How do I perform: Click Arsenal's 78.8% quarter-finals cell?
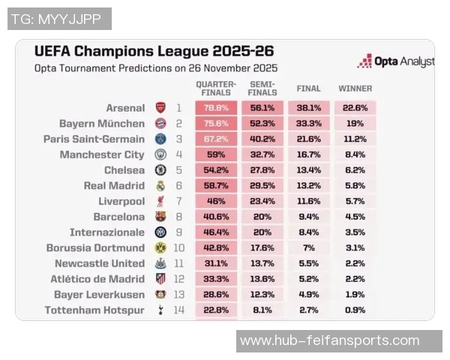(x=216, y=108)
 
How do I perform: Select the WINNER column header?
(x=355, y=88)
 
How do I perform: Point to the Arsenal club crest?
(x=160, y=108)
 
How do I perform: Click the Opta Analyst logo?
(x=395, y=61)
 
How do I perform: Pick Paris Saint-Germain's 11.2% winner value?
(x=355, y=139)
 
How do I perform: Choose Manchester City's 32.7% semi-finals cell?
(x=262, y=155)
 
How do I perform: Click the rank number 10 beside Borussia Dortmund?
(x=178, y=248)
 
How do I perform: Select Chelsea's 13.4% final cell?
(x=309, y=170)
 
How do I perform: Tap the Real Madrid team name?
(x=114, y=186)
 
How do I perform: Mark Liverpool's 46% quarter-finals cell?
(x=216, y=202)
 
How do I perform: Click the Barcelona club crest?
(x=160, y=217)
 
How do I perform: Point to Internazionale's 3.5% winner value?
(x=355, y=232)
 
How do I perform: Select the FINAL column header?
(x=309, y=88)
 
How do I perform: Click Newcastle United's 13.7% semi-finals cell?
(x=262, y=263)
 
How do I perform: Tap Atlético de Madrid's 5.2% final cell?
(x=309, y=279)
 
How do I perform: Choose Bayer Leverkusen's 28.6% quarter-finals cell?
(x=216, y=295)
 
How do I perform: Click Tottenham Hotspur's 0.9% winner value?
(x=355, y=310)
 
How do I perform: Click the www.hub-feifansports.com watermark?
(x=339, y=341)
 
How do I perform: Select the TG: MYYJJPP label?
(x=58, y=19)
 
